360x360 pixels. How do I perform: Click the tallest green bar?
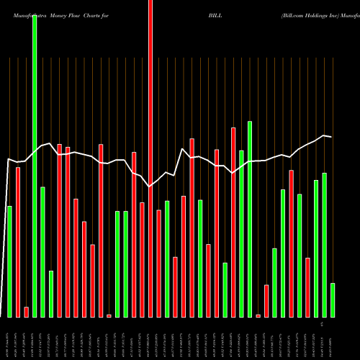pyautogui.click(x=35, y=166)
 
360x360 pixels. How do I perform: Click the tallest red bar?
pyautogui.click(x=150, y=158)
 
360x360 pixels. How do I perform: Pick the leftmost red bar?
pyautogui.click(x=18, y=242)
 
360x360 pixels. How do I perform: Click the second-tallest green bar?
pyautogui.click(x=250, y=219)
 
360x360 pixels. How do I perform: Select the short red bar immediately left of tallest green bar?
pyautogui.click(x=27, y=312)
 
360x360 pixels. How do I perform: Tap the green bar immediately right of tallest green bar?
pyautogui.click(x=43, y=252)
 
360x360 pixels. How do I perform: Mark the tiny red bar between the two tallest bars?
pyautogui.click(x=109, y=315)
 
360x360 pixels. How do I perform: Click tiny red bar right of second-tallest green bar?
pyautogui.click(x=258, y=315)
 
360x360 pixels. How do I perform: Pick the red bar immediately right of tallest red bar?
pyautogui.click(x=159, y=264)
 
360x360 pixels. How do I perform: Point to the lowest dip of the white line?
pyautogui.click(x=150, y=186)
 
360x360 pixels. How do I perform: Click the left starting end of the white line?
pyautogui.click(x=8, y=159)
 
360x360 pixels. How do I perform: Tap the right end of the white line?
pyautogui.click(x=331, y=137)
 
